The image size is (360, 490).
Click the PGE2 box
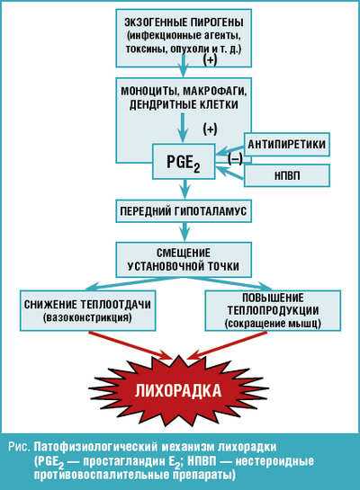tap(184, 161)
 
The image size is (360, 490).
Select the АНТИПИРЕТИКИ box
tap(286, 145)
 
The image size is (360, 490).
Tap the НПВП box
tap(286, 175)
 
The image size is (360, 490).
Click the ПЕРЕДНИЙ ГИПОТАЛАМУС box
tap(184, 211)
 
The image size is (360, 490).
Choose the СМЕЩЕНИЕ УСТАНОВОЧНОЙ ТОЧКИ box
tap(184, 260)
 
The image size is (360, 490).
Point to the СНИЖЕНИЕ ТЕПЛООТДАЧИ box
tap(88, 310)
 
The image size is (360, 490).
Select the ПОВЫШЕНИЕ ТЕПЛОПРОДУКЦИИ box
tap(273, 310)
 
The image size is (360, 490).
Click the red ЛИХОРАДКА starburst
tap(178, 390)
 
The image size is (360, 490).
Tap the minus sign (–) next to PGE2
tap(235, 159)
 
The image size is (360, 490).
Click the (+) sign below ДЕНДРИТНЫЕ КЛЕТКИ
tap(210, 129)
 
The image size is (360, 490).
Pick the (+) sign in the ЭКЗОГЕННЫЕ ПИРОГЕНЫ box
tap(210, 59)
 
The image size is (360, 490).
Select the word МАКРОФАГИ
tap(215, 92)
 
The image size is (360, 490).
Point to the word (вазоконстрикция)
tap(88, 317)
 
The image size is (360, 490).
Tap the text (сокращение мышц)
tap(273, 323)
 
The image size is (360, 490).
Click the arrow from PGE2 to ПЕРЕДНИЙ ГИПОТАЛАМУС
tap(185, 189)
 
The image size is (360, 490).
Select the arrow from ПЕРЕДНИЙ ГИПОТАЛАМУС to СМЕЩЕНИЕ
tap(185, 232)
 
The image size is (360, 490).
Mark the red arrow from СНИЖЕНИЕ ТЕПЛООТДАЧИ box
tap(130, 345)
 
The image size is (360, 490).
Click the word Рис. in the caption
tap(20, 447)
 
